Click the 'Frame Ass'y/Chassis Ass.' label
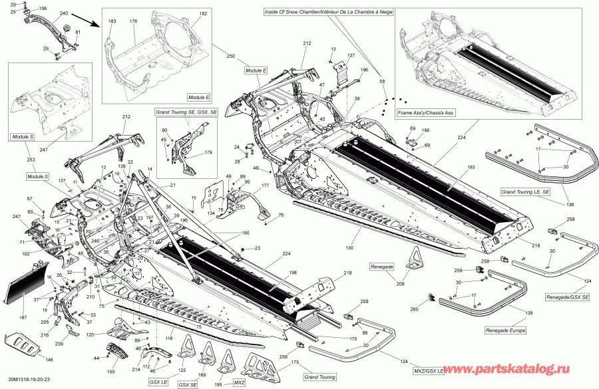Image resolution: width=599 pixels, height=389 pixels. (426, 114)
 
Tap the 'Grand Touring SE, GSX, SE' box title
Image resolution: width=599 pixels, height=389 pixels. (186, 113)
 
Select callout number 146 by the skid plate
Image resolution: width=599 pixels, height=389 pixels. (48, 359)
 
